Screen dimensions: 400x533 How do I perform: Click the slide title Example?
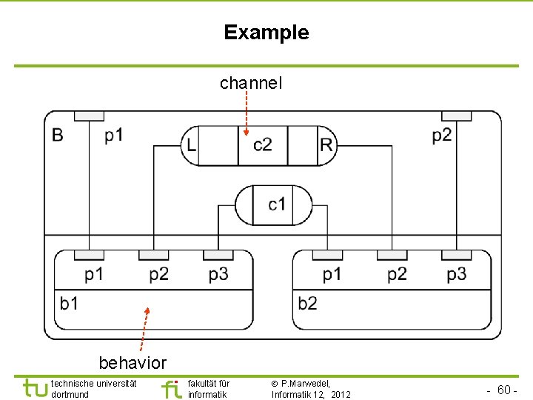pyautogui.click(x=266, y=33)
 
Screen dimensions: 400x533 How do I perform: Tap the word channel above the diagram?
pyautogui.click(x=251, y=84)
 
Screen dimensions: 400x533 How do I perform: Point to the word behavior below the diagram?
pyautogui.click(x=133, y=363)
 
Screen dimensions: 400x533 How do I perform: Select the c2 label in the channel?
pyautogui.click(x=263, y=144)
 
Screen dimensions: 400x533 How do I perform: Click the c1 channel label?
pyautogui.click(x=278, y=204)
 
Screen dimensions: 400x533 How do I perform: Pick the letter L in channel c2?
pyautogui.click(x=192, y=145)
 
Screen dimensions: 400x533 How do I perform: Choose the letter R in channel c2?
pyautogui.click(x=326, y=144)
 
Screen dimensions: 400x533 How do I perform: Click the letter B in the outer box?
pyautogui.click(x=58, y=135)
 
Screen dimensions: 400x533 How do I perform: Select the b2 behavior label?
pyautogui.click(x=308, y=303)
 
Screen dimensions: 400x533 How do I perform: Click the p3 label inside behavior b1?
pyautogui.click(x=218, y=275)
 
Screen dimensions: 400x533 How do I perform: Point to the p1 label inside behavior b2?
pyautogui.click(x=332, y=275)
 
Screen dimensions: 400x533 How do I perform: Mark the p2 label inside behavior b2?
pyautogui.click(x=397, y=275)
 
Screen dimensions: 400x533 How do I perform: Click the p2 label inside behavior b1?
pyautogui.click(x=158, y=275)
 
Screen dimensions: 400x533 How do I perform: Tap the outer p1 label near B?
pyautogui.click(x=113, y=135)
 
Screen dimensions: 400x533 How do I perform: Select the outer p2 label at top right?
pyautogui.click(x=442, y=135)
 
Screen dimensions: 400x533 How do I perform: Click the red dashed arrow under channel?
pyautogui.click(x=246, y=114)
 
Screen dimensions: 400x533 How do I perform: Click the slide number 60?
pyautogui.click(x=506, y=390)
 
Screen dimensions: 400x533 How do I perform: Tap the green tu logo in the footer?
pyautogui.click(x=34, y=387)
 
